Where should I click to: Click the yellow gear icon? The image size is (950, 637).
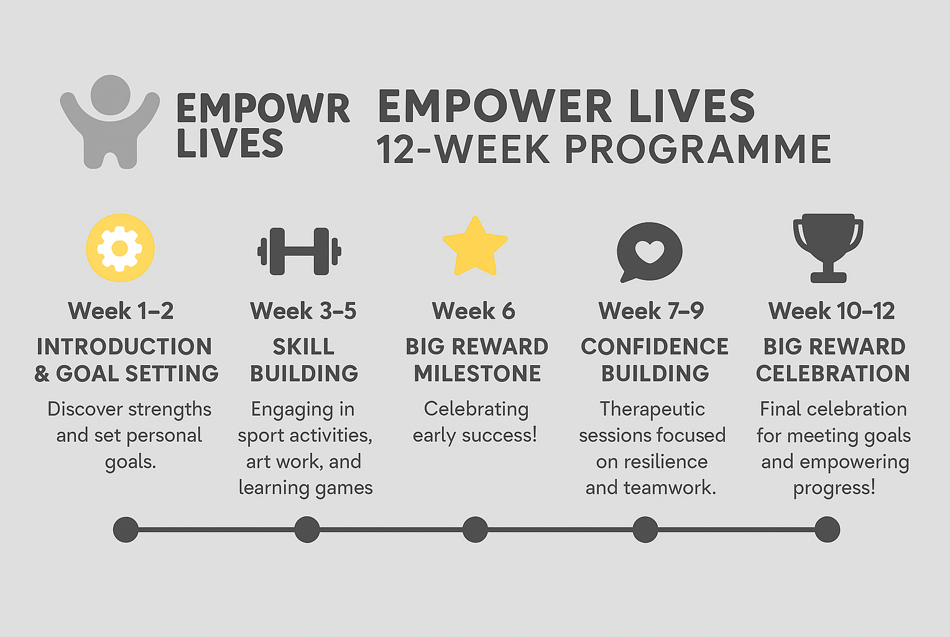[121, 248]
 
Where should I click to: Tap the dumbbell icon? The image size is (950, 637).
[300, 251]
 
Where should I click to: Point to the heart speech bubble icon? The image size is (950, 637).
[649, 252]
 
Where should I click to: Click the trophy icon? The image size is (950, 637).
[828, 248]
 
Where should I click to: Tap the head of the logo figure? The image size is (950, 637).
[110, 95]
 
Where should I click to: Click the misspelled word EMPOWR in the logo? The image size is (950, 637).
[264, 109]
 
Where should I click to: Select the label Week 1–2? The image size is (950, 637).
[121, 310]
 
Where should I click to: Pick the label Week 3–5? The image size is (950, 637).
[303, 310]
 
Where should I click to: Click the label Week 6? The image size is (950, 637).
[474, 310]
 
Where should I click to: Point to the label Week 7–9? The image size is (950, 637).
[652, 310]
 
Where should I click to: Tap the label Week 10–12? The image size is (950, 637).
[832, 310]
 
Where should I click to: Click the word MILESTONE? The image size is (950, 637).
[477, 373]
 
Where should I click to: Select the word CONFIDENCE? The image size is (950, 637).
[655, 346]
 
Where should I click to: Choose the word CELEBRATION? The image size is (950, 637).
[833, 373]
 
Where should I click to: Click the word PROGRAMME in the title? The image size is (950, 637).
[698, 149]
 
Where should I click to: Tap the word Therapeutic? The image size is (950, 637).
[652, 409]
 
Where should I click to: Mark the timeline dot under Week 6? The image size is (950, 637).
[475, 529]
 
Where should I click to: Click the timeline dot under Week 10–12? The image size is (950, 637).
[828, 529]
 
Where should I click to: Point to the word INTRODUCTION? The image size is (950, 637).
[124, 346]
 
